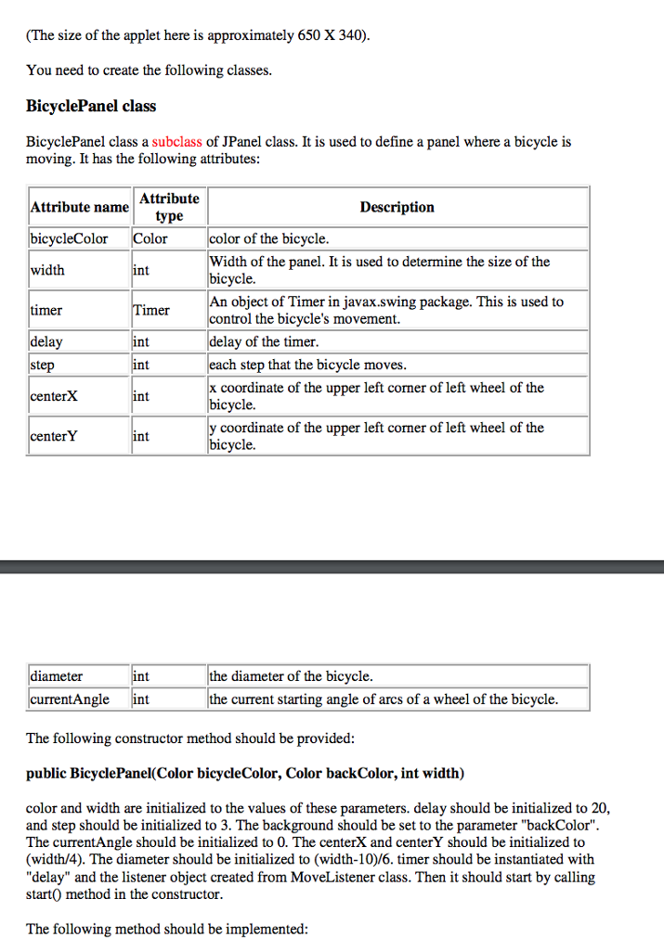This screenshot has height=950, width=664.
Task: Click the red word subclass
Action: [x=176, y=142]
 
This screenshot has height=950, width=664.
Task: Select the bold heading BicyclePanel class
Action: [x=91, y=106]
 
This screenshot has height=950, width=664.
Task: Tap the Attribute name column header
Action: [x=80, y=207]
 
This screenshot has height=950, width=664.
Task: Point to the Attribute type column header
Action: [x=169, y=207]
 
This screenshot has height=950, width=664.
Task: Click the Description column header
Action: [x=397, y=207]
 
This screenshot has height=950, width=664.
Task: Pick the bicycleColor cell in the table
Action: [x=69, y=238]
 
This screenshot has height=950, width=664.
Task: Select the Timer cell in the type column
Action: [x=150, y=310]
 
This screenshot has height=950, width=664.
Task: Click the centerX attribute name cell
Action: [x=54, y=396]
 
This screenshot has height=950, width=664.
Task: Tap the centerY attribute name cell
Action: [x=54, y=436]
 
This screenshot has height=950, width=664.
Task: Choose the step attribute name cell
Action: [x=43, y=365]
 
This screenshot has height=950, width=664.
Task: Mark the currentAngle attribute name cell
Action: [x=70, y=699]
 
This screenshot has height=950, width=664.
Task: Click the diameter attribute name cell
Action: [x=57, y=676]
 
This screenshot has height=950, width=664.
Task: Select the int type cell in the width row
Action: [x=141, y=270]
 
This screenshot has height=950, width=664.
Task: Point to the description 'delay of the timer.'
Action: [x=264, y=342]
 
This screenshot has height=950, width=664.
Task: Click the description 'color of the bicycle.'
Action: [x=269, y=238]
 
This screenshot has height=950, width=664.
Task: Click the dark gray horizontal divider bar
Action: [x=332, y=566]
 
